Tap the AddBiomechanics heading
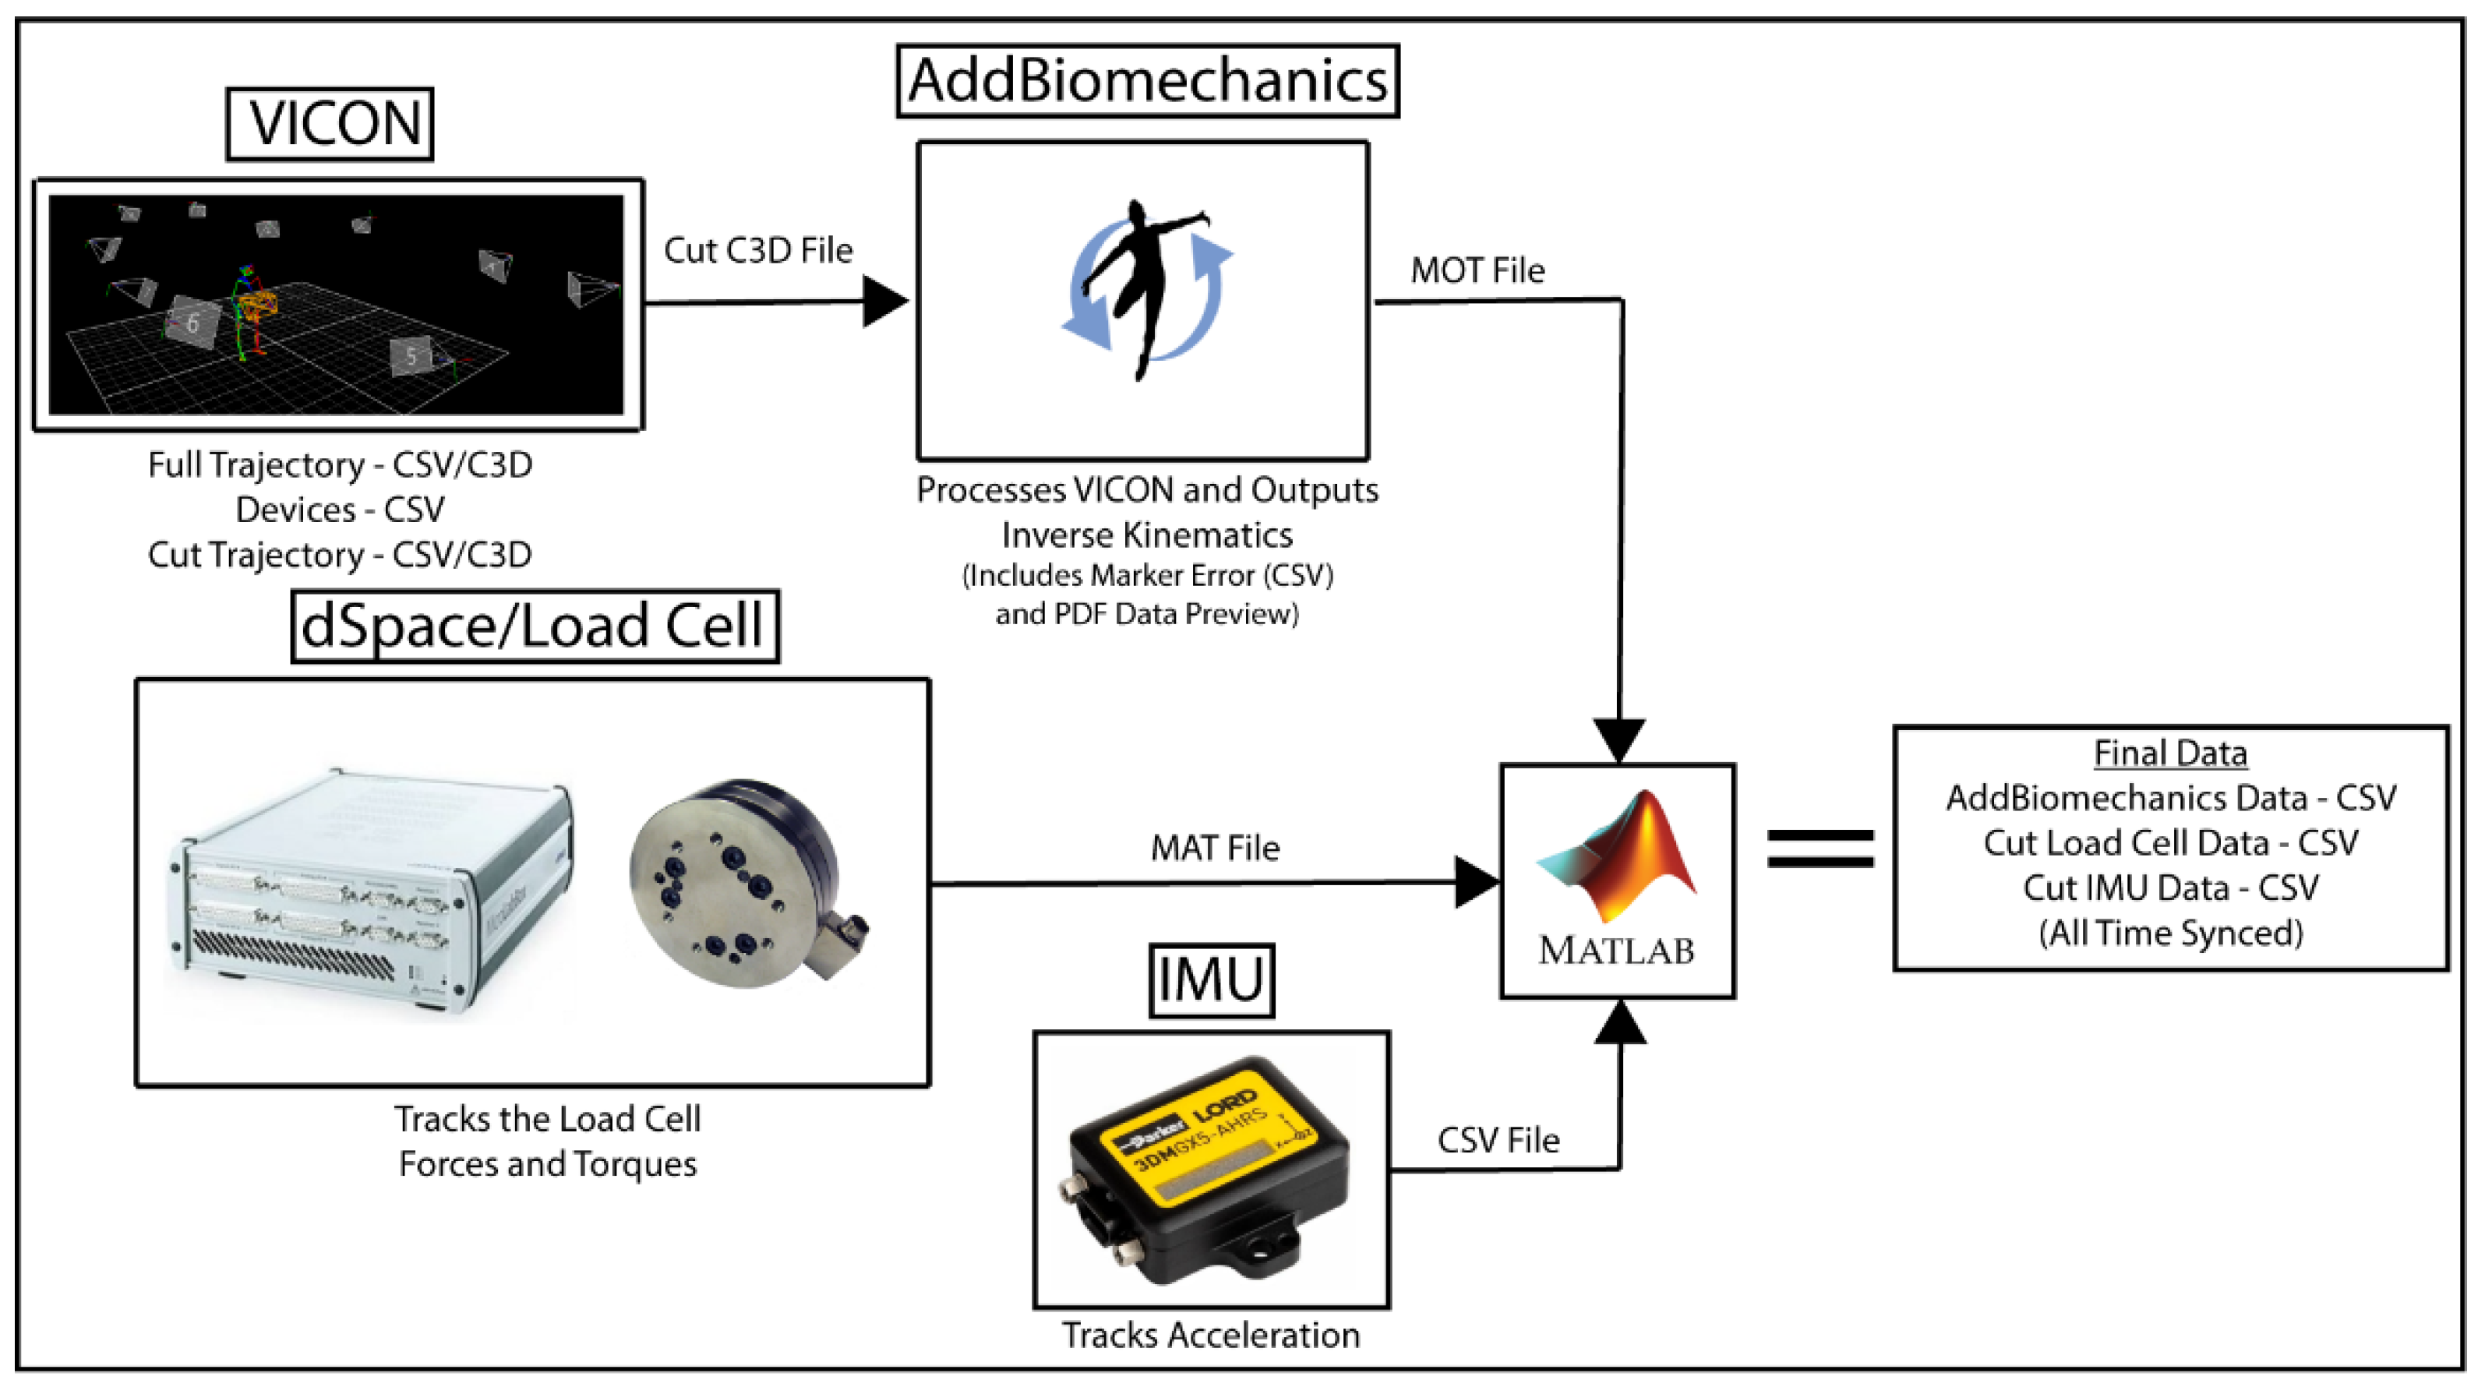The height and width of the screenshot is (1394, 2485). pos(1147,81)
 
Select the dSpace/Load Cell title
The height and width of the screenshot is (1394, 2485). pos(535,626)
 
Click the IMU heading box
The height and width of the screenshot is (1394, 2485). pos(1211,980)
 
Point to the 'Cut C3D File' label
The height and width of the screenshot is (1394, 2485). pos(758,251)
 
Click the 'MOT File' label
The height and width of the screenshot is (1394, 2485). pos(1477,270)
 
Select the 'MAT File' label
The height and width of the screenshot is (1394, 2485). pos(1215,848)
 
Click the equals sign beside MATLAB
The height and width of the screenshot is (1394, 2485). pos(1820,849)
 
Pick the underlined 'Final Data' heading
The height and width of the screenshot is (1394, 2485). pos(2169,753)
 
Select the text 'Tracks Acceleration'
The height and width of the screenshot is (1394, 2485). pos(1211,1335)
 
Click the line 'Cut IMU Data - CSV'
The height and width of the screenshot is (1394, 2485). pos(2169,888)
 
